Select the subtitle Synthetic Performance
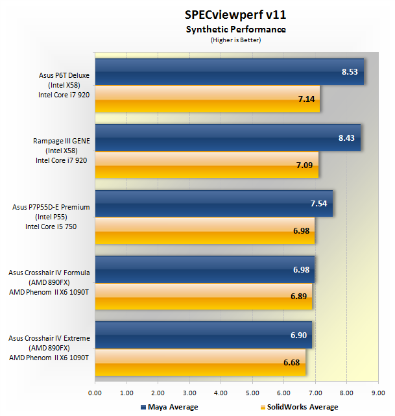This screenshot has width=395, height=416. pos(235,29)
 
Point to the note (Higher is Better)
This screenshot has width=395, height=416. pos(235,40)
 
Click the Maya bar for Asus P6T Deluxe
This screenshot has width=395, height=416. pos(229,72)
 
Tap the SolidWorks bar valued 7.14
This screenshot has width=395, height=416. pos(207,99)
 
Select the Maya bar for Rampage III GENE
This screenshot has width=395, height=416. pos(227,138)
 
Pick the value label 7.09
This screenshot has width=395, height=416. pos(304,165)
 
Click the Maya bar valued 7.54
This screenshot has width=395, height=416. pos(213,203)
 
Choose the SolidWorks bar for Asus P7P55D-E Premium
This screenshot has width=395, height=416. pos(204,230)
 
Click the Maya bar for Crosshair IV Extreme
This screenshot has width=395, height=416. pos(203,334)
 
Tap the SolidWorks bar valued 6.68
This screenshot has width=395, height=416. pos(200,361)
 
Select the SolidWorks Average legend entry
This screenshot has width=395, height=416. pos(298,407)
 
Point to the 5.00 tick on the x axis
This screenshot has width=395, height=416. pos(252,393)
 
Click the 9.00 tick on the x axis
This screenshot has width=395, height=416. pos(378,393)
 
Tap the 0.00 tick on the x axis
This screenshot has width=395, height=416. pos(95,393)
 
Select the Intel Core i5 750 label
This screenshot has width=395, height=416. pos(56,226)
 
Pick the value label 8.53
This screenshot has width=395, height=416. pos(350,72)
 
